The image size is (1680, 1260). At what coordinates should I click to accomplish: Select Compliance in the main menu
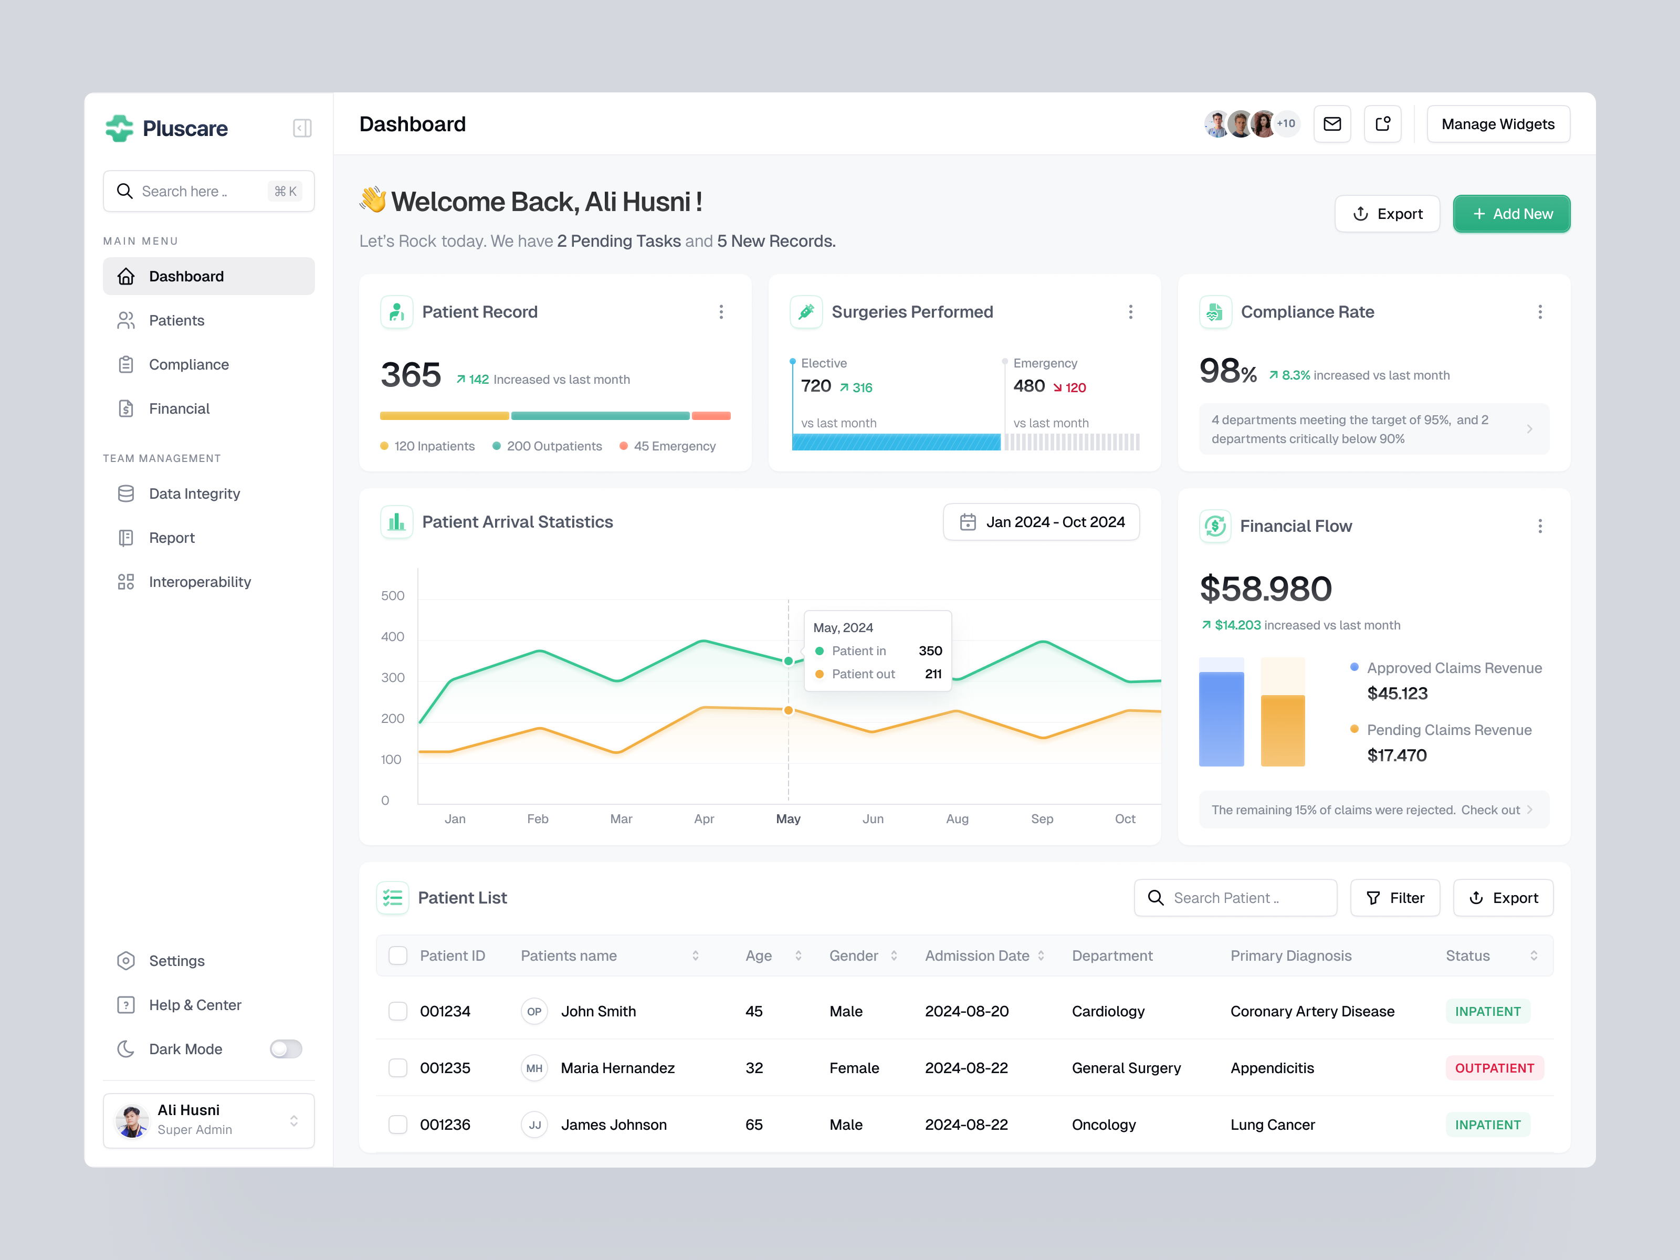click(x=188, y=364)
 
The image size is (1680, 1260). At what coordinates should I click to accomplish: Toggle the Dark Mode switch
click(x=286, y=1049)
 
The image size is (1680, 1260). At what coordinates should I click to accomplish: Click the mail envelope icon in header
click(x=1331, y=124)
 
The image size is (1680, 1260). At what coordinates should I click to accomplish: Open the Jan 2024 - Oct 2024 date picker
click(x=1041, y=522)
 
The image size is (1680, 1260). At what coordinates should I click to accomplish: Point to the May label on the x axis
click(x=787, y=818)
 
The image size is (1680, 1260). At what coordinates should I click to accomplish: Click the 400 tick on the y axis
click(x=393, y=636)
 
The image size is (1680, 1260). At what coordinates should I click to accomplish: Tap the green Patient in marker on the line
click(x=789, y=661)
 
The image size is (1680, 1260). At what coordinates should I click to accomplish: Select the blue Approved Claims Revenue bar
click(x=1221, y=718)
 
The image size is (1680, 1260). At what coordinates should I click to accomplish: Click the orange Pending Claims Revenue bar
click(x=1282, y=729)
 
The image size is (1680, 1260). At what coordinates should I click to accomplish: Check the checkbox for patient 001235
click(x=398, y=1068)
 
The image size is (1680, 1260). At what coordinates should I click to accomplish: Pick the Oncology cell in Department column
click(x=1104, y=1125)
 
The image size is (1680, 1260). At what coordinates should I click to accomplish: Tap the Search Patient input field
click(x=1236, y=898)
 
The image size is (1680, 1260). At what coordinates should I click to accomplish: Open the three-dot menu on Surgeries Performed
click(x=1130, y=312)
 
